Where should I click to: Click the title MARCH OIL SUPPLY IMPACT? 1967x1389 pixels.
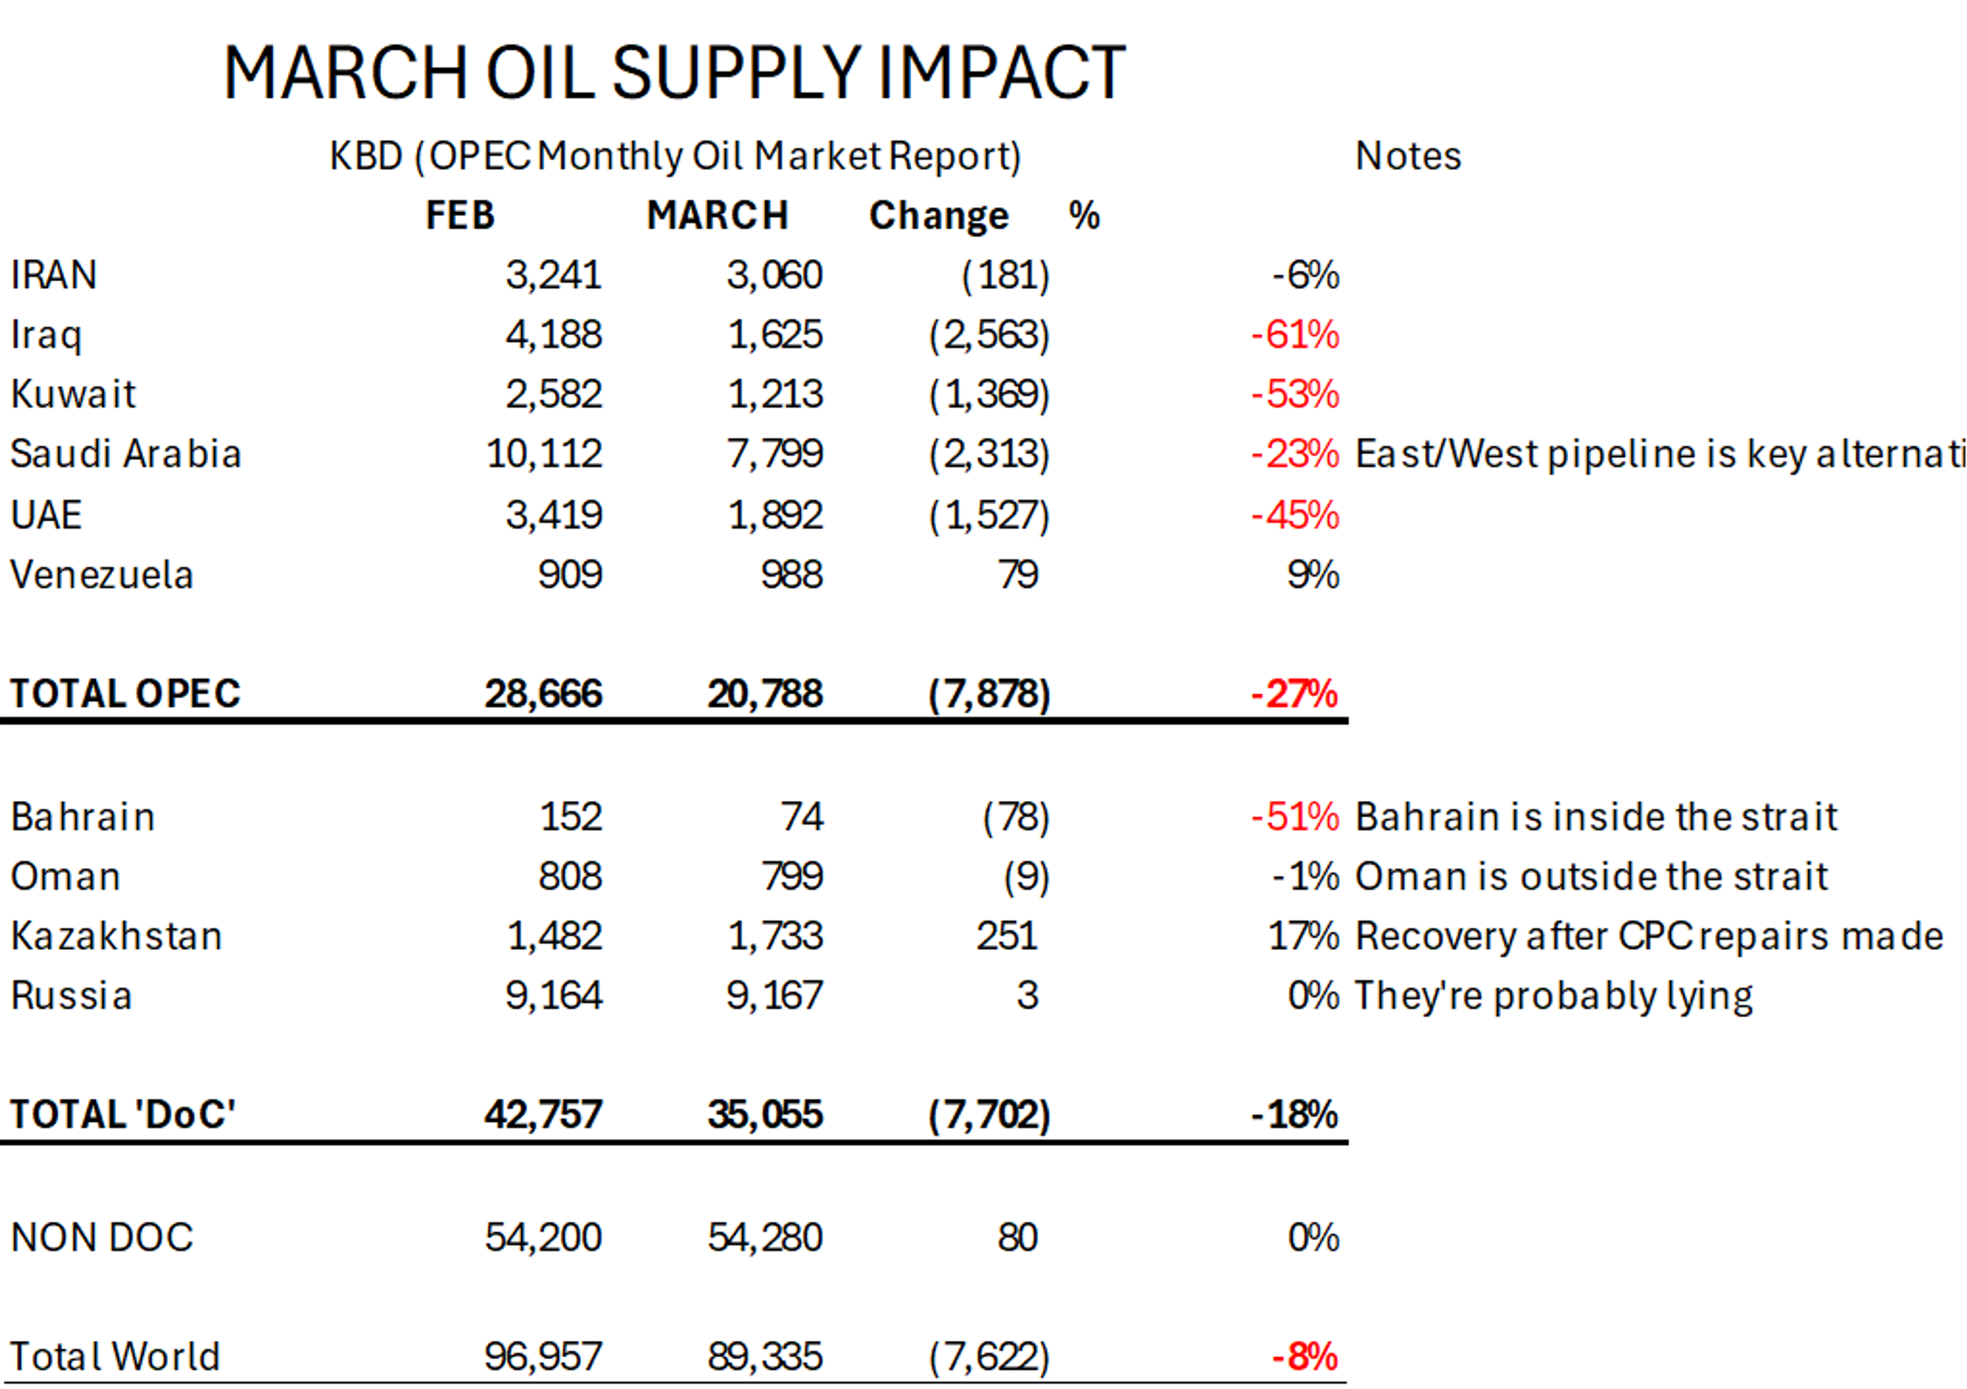(x=674, y=74)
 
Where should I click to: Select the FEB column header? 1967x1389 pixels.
(x=460, y=215)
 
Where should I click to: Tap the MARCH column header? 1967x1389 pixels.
(x=717, y=215)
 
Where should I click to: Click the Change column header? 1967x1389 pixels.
(x=939, y=215)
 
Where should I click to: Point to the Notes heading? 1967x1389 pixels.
(x=1408, y=156)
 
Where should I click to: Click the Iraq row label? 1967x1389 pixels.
(x=46, y=335)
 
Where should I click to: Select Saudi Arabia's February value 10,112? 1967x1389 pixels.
(x=544, y=453)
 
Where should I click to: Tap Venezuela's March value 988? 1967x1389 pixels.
(x=791, y=574)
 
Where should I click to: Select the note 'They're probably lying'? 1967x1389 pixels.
(x=1553, y=996)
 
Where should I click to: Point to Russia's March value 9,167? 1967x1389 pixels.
(x=775, y=996)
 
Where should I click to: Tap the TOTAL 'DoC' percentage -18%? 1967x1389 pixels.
(x=1294, y=1115)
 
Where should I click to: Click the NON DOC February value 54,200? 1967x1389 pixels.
(x=543, y=1237)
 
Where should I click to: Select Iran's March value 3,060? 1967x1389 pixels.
(x=775, y=275)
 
